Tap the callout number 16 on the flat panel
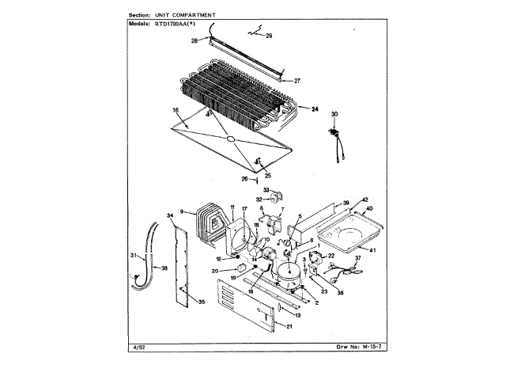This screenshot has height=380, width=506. click(176, 110)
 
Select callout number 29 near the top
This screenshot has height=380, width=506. click(268, 36)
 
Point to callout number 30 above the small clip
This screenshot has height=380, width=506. click(334, 115)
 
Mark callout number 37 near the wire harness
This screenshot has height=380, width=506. click(357, 257)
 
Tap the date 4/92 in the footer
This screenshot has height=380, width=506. click(134, 347)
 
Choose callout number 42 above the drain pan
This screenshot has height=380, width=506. click(365, 199)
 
